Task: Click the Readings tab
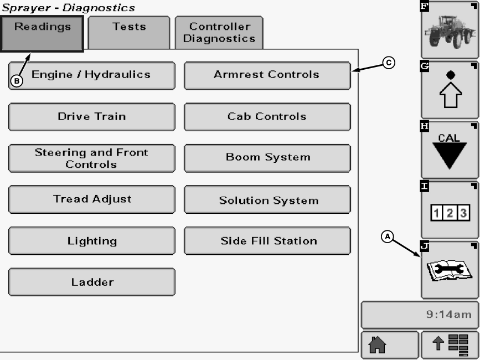[x=43, y=33]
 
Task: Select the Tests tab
[x=129, y=32]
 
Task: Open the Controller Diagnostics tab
[x=219, y=33]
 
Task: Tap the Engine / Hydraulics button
[x=91, y=75]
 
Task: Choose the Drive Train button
[x=91, y=117]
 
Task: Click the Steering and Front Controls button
[x=91, y=158]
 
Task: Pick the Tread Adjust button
[x=91, y=199]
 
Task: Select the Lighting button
[x=91, y=241]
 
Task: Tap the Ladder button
[x=91, y=282]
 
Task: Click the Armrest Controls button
[x=267, y=75]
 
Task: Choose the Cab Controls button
[x=267, y=117]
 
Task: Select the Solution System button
[x=267, y=200]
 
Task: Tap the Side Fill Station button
[x=267, y=241]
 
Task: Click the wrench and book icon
[x=449, y=270]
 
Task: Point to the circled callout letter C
[x=389, y=63]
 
